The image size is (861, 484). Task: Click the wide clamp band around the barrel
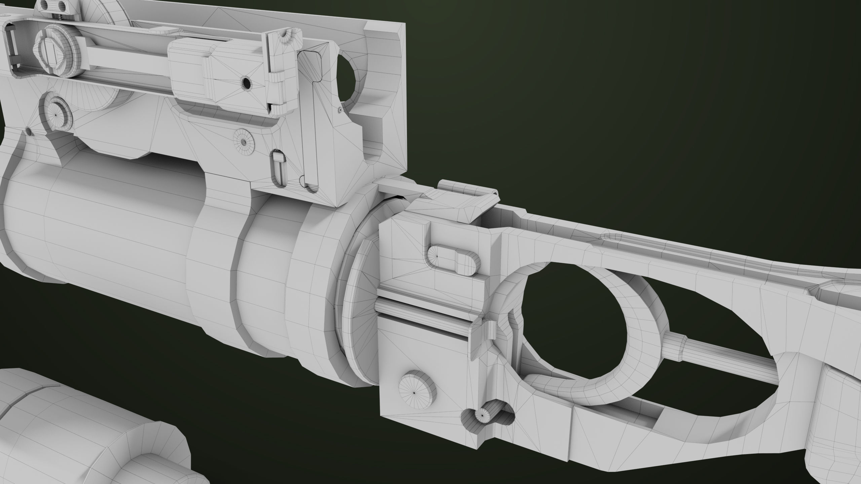point(215,255)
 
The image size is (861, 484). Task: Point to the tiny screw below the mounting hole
point(340,109)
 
